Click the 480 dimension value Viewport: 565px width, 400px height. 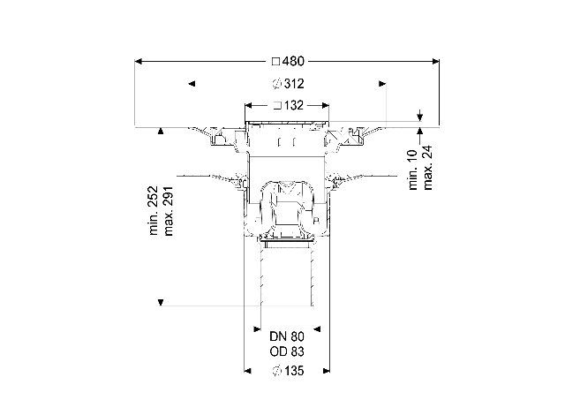(x=293, y=61)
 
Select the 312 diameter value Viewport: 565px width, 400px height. (x=294, y=84)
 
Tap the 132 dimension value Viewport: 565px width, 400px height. (x=294, y=106)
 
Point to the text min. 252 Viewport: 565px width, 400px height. (x=154, y=210)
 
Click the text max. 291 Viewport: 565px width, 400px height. (x=169, y=211)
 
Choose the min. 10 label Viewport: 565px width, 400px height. (x=413, y=170)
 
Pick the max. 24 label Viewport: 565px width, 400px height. (x=427, y=168)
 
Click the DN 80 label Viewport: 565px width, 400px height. (x=287, y=336)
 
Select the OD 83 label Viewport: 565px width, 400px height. (x=287, y=351)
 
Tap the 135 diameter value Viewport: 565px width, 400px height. (x=294, y=371)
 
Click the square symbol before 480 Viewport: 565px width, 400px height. (x=275, y=62)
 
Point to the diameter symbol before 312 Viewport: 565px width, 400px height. (x=276, y=84)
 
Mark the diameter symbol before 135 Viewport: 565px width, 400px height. (x=276, y=371)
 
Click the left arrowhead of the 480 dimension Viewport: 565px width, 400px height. (x=139, y=62)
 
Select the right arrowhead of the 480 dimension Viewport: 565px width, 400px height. (x=435, y=62)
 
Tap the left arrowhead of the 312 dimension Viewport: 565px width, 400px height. (x=192, y=84)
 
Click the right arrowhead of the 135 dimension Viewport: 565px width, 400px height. (x=327, y=371)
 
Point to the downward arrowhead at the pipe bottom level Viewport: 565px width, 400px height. (x=161, y=302)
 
